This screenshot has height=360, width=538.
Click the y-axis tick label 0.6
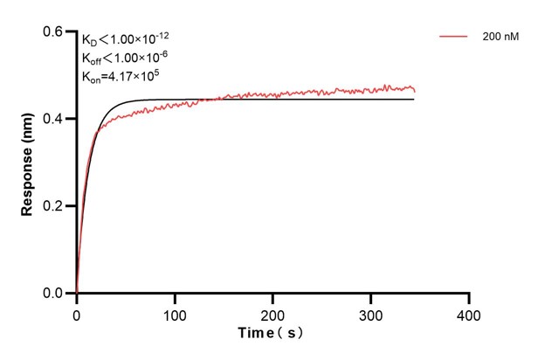(53, 31)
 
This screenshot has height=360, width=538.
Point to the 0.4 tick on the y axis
(53, 119)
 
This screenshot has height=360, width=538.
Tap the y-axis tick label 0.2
(53, 206)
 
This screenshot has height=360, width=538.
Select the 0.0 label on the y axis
(53, 294)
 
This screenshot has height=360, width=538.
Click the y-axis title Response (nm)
(29, 163)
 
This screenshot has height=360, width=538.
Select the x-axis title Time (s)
(272, 333)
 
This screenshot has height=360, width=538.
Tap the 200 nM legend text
(498, 38)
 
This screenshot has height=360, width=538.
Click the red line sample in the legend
(454, 38)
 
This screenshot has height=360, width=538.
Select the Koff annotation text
(121, 59)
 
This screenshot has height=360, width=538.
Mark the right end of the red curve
(414, 89)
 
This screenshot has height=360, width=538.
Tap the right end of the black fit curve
(413, 100)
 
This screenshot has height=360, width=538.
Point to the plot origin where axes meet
(77, 294)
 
